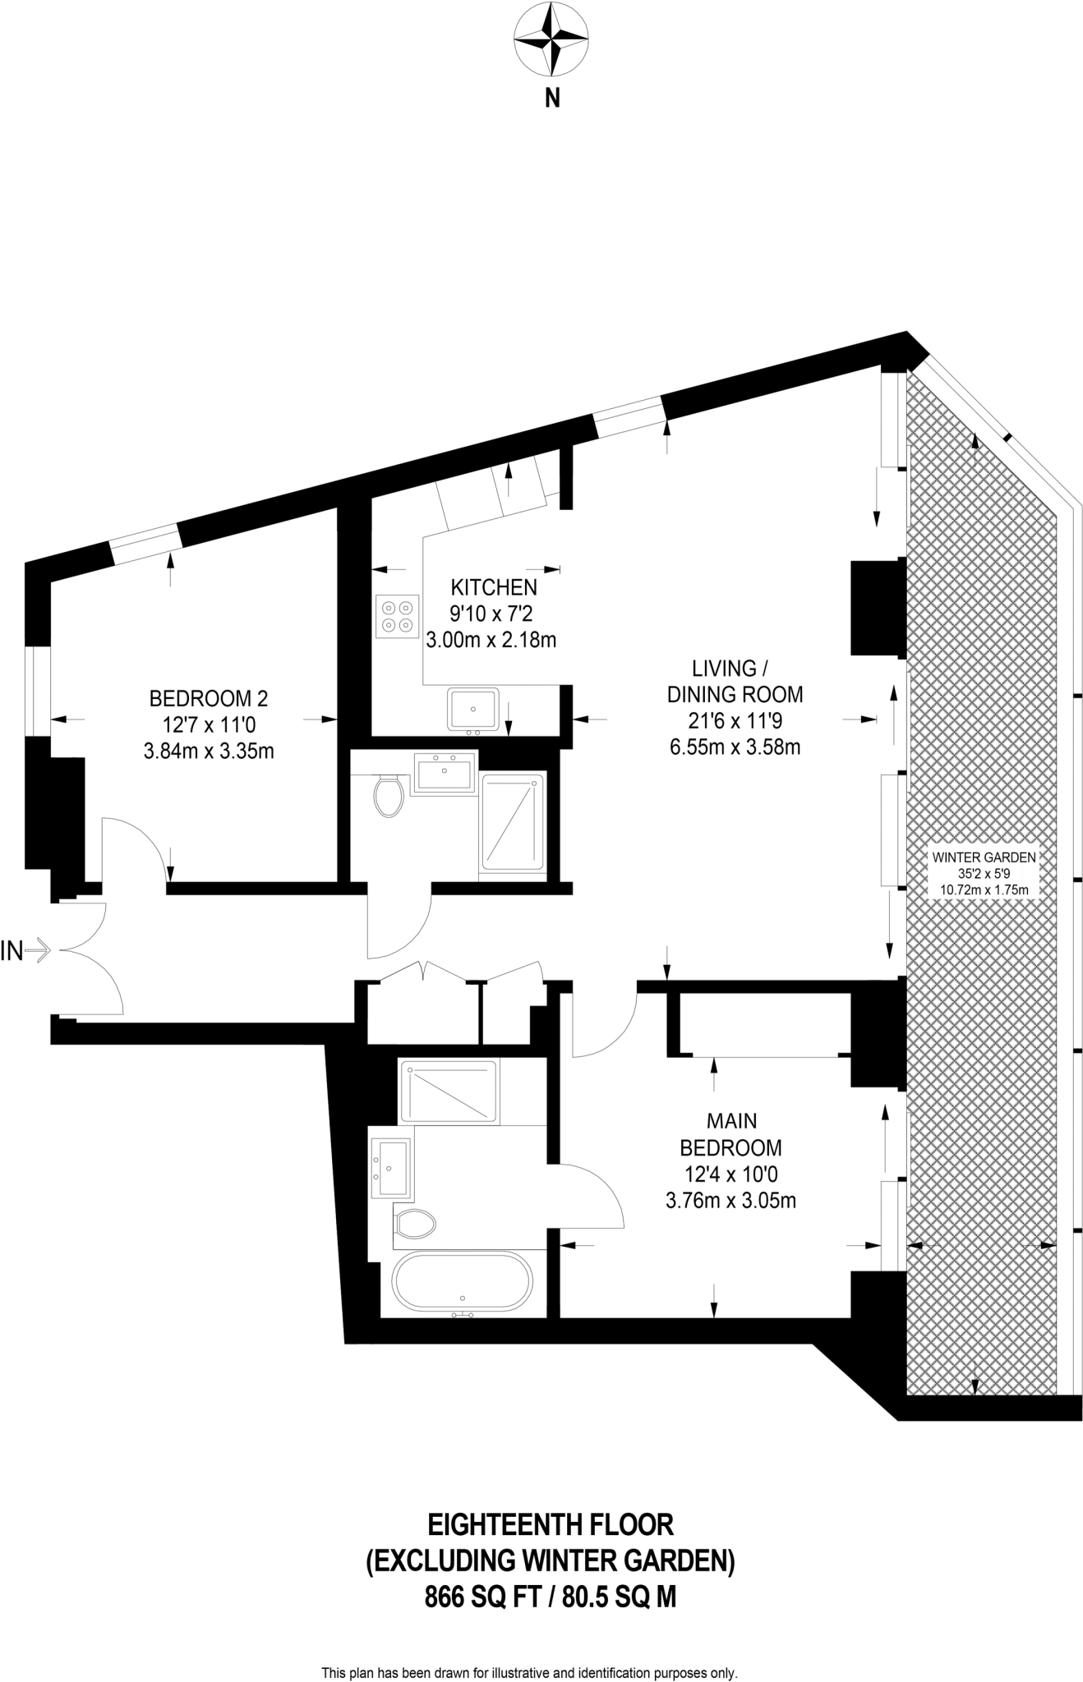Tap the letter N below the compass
point(553,99)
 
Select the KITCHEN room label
point(494,587)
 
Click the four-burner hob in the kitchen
point(397,616)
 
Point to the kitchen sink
point(472,709)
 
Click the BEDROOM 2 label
point(209,699)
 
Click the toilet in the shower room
point(389,797)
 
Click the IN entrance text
point(12,952)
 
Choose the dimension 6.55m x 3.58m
point(735,747)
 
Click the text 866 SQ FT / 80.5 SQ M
point(550,1597)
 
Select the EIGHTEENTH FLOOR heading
point(550,1525)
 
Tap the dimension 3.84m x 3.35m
point(209,751)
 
